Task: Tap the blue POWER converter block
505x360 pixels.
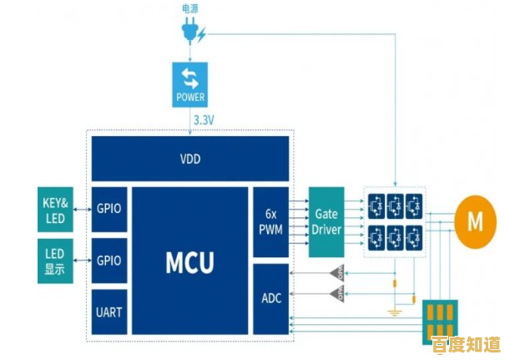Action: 189,85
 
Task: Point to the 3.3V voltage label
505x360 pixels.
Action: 204,120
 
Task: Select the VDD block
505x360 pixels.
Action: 190,159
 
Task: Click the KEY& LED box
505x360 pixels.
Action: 55,208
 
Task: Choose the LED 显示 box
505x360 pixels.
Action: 55,261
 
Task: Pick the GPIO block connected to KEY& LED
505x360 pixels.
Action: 109,209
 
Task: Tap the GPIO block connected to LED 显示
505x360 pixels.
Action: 109,261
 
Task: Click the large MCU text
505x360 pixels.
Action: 189,261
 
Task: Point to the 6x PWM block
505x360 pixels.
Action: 270,221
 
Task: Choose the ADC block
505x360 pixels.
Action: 270,299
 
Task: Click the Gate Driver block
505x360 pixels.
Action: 326,221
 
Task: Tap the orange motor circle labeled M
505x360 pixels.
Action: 474,221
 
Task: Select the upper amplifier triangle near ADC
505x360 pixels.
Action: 337,272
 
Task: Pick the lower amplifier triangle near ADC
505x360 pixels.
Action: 337,293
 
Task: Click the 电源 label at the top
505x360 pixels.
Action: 190,9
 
